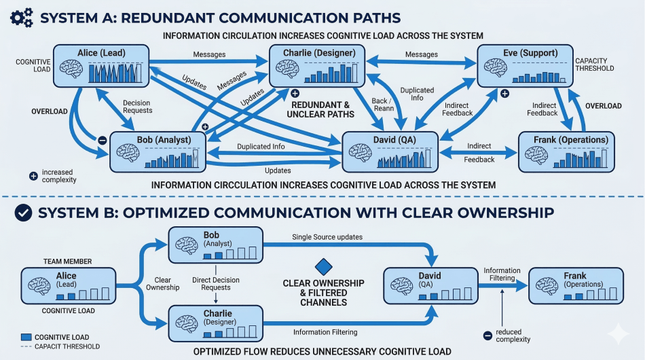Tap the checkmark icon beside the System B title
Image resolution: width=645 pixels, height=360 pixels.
[x=22, y=213]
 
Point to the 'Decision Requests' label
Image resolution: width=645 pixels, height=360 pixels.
[x=136, y=107]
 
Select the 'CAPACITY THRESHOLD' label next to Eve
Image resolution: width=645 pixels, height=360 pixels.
[x=595, y=65]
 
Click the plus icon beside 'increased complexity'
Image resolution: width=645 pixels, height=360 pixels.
[x=33, y=175]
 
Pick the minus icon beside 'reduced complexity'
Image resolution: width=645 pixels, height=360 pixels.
[x=487, y=336]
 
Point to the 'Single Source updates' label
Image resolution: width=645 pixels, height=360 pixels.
[x=327, y=237]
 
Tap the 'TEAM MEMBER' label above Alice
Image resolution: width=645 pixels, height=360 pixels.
[x=67, y=261]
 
